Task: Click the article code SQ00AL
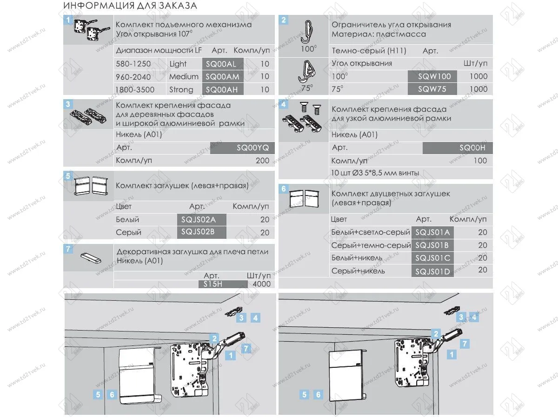(x=221, y=64)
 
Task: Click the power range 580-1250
(x=133, y=64)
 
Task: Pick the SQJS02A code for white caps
(x=196, y=220)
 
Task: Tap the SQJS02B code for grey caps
(x=196, y=232)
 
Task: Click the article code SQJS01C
(x=432, y=258)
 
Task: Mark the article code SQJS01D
(x=432, y=271)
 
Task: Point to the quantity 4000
(x=261, y=284)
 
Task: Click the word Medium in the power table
(x=184, y=77)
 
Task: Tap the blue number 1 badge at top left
(x=68, y=20)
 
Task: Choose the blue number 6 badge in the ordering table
(x=283, y=189)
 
